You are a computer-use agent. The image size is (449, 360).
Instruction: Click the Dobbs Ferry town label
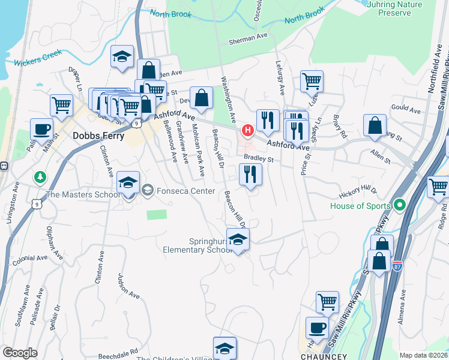point(98,136)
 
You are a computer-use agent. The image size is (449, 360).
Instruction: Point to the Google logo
point(19,353)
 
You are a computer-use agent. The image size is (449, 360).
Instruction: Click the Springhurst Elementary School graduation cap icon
point(238,239)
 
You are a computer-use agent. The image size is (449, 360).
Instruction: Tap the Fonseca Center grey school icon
point(147,191)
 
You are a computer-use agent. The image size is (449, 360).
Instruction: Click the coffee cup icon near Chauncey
point(316,328)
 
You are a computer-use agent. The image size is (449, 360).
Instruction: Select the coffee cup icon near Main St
point(41,128)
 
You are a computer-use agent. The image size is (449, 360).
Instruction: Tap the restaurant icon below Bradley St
point(250,174)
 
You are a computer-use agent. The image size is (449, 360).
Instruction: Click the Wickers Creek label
point(38,61)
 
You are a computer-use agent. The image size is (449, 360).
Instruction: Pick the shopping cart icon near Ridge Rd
point(438,187)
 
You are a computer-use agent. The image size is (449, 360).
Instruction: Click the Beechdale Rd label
point(118,351)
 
